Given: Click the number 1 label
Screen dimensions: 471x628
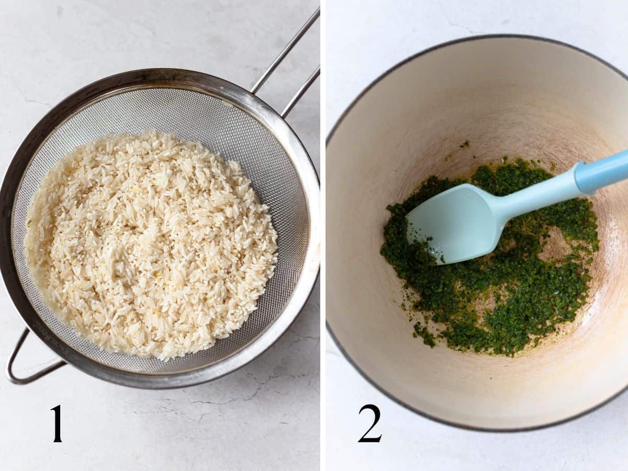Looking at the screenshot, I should [56, 424].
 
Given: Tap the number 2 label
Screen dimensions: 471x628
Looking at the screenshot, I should [369, 423].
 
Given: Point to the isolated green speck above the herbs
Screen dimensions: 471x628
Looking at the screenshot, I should [464, 144].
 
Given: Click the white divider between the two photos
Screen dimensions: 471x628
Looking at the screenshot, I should [322, 235].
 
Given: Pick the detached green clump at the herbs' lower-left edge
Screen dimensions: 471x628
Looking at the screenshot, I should [424, 335].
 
